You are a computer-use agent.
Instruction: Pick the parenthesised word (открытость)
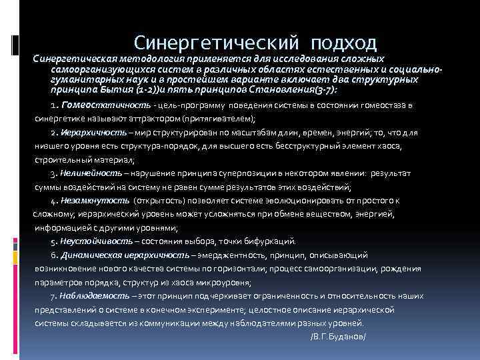click(x=158, y=199)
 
